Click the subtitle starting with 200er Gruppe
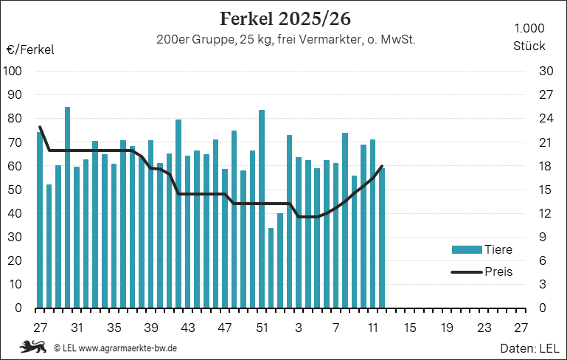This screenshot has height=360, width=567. point(286,40)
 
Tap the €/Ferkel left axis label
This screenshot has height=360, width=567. point(30,49)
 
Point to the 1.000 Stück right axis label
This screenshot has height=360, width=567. point(529,37)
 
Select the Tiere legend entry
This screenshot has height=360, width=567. point(498,249)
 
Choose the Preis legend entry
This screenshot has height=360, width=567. point(498,271)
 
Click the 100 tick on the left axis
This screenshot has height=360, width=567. point(14,71)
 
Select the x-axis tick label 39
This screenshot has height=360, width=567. point(150,327)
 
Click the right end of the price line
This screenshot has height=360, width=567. point(382,166)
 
